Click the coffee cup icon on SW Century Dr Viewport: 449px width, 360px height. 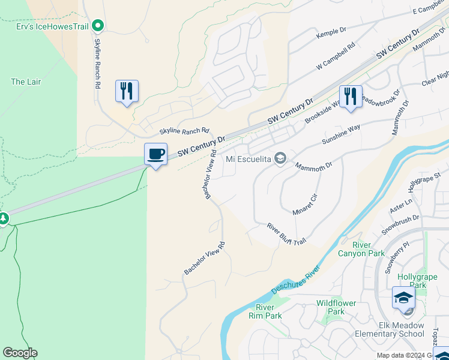pos(155,154)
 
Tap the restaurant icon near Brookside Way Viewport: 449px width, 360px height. pos(351,95)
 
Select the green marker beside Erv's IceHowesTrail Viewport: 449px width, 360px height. pos(100,25)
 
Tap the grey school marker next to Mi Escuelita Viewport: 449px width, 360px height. pos(279,158)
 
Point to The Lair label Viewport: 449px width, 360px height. pos(26,82)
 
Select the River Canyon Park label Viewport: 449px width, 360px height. pos(369,250)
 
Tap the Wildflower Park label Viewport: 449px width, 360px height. pos(339,307)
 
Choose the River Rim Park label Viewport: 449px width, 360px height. pos(265,312)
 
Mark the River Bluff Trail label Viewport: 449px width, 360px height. pos(287,233)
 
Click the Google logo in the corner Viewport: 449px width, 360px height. pos(20,353)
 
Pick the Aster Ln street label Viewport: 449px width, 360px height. pos(402,206)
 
